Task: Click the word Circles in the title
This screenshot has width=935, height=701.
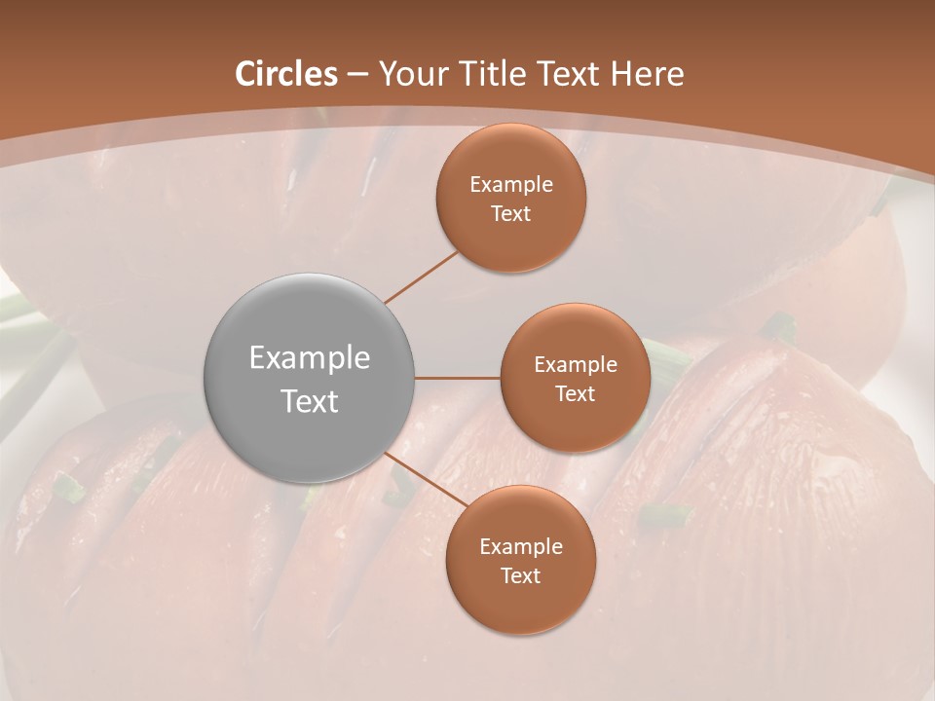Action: [286, 74]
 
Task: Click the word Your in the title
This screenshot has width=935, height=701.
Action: [412, 74]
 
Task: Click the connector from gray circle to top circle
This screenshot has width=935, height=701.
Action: [422, 277]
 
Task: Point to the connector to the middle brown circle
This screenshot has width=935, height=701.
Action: [458, 378]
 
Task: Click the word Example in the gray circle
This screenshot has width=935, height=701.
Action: [310, 358]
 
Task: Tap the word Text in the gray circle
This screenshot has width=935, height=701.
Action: [310, 401]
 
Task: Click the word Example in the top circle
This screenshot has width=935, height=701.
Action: [511, 184]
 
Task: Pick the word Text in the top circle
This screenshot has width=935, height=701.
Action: [511, 213]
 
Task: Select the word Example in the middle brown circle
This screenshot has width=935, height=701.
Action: [576, 364]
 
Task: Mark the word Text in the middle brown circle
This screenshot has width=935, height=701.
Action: [576, 393]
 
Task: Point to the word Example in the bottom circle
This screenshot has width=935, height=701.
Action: [521, 546]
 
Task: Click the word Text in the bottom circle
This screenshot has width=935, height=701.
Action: [521, 575]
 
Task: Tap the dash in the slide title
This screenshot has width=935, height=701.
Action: [357, 75]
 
